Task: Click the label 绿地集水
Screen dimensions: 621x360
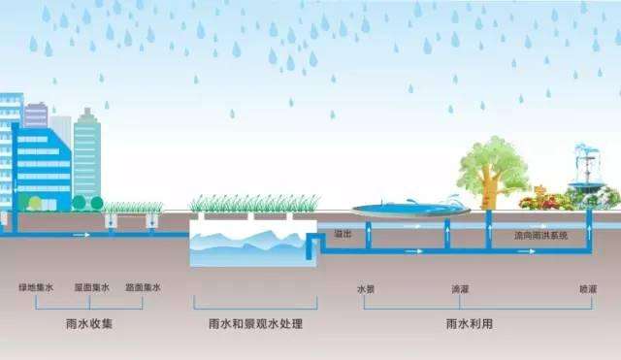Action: point(35,288)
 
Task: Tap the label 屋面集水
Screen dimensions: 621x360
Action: point(89,288)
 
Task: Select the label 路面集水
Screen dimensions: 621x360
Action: point(143,288)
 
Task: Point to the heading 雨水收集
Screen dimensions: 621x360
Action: point(89,323)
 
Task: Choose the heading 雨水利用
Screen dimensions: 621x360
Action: point(462,323)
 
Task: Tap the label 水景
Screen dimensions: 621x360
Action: point(365,289)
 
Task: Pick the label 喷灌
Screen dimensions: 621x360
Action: point(588,289)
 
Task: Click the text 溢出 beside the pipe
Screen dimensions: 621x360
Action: point(342,235)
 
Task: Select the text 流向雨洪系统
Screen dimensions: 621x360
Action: point(541,235)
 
